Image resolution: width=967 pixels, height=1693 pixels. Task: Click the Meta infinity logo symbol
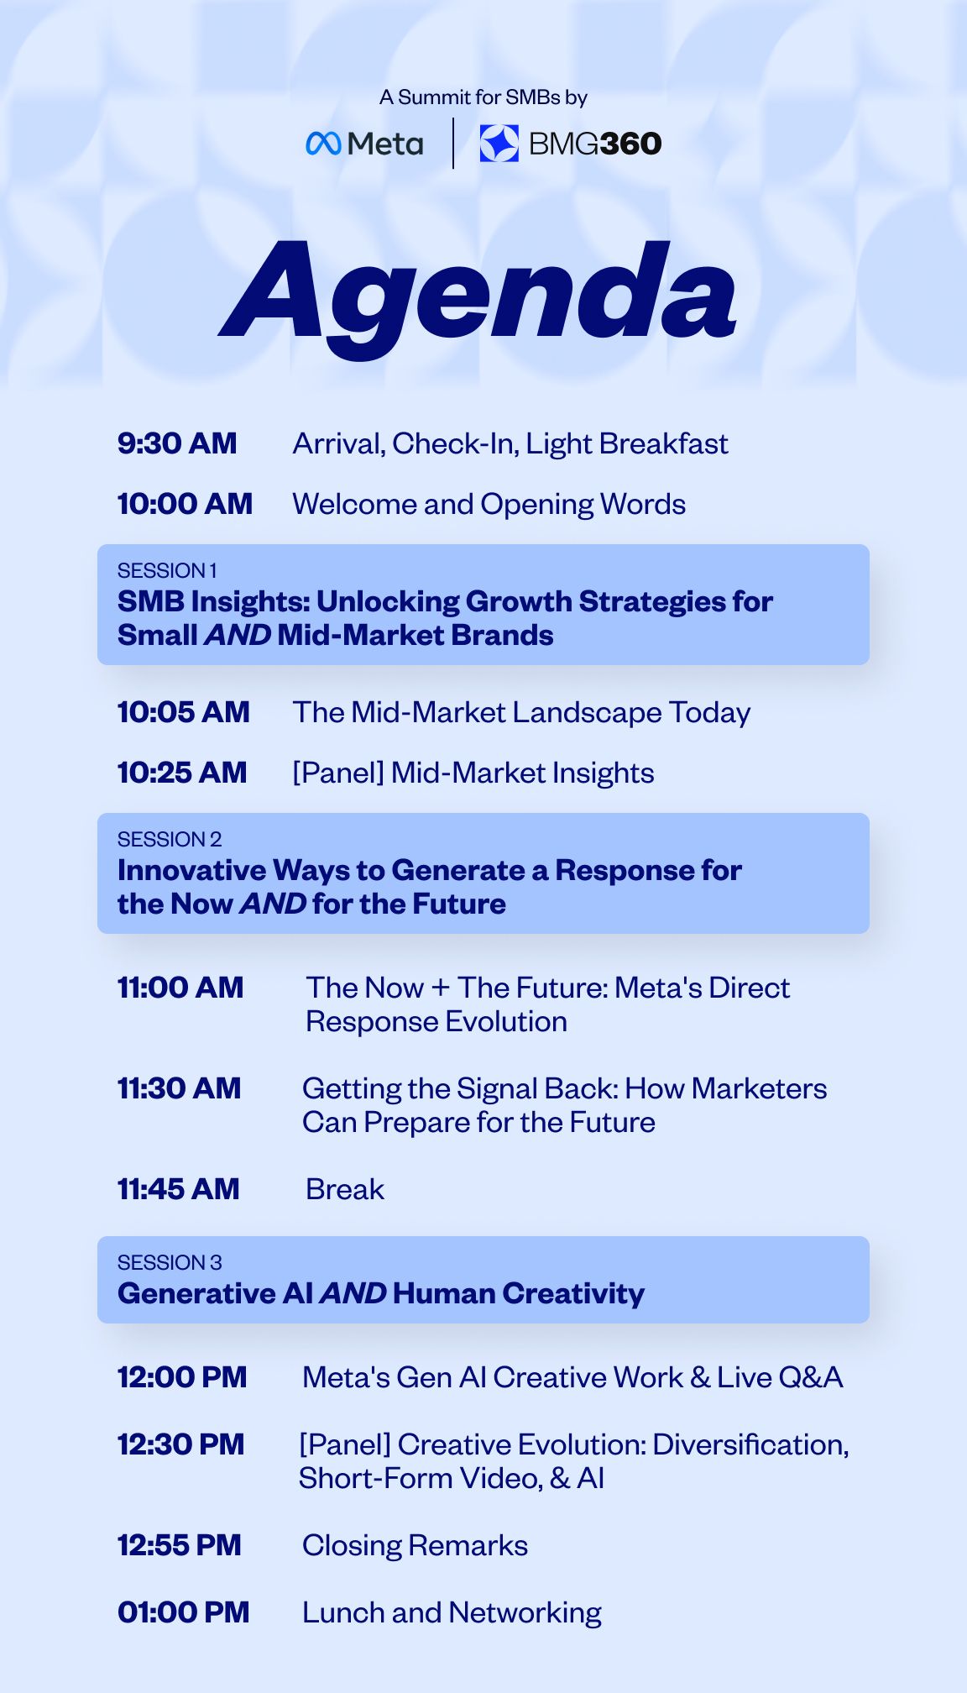click(x=323, y=144)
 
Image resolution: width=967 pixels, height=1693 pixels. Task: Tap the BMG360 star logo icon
click(x=499, y=143)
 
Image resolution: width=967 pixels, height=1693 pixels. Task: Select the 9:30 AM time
click(x=177, y=443)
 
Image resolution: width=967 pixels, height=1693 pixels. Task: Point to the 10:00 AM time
click(x=185, y=504)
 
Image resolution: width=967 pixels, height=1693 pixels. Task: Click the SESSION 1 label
click(x=167, y=571)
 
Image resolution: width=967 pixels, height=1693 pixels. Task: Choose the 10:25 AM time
click(x=182, y=773)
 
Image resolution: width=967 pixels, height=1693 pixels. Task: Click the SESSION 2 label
click(x=170, y=840)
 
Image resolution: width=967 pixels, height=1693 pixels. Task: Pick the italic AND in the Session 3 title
click(x=353, y=1293)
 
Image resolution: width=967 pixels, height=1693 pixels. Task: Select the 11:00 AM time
click(x=180, y=988)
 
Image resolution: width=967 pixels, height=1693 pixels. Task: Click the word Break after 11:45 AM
click(x=345, y=1189)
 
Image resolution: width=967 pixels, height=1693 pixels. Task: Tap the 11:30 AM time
click(x=179, y=1088)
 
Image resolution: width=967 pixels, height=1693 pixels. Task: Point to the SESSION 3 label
click(x=170, y=1263)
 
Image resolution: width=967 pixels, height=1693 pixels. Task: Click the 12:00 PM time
click(x=182, y=1377)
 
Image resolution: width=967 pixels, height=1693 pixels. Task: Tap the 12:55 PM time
click(x=180, y=1545)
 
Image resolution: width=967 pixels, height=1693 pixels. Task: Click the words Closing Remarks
click(x=415, y=1546)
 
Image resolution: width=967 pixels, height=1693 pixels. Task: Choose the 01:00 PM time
click(x=184, y=1612)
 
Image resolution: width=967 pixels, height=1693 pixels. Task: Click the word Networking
click(x=525, y=1613)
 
